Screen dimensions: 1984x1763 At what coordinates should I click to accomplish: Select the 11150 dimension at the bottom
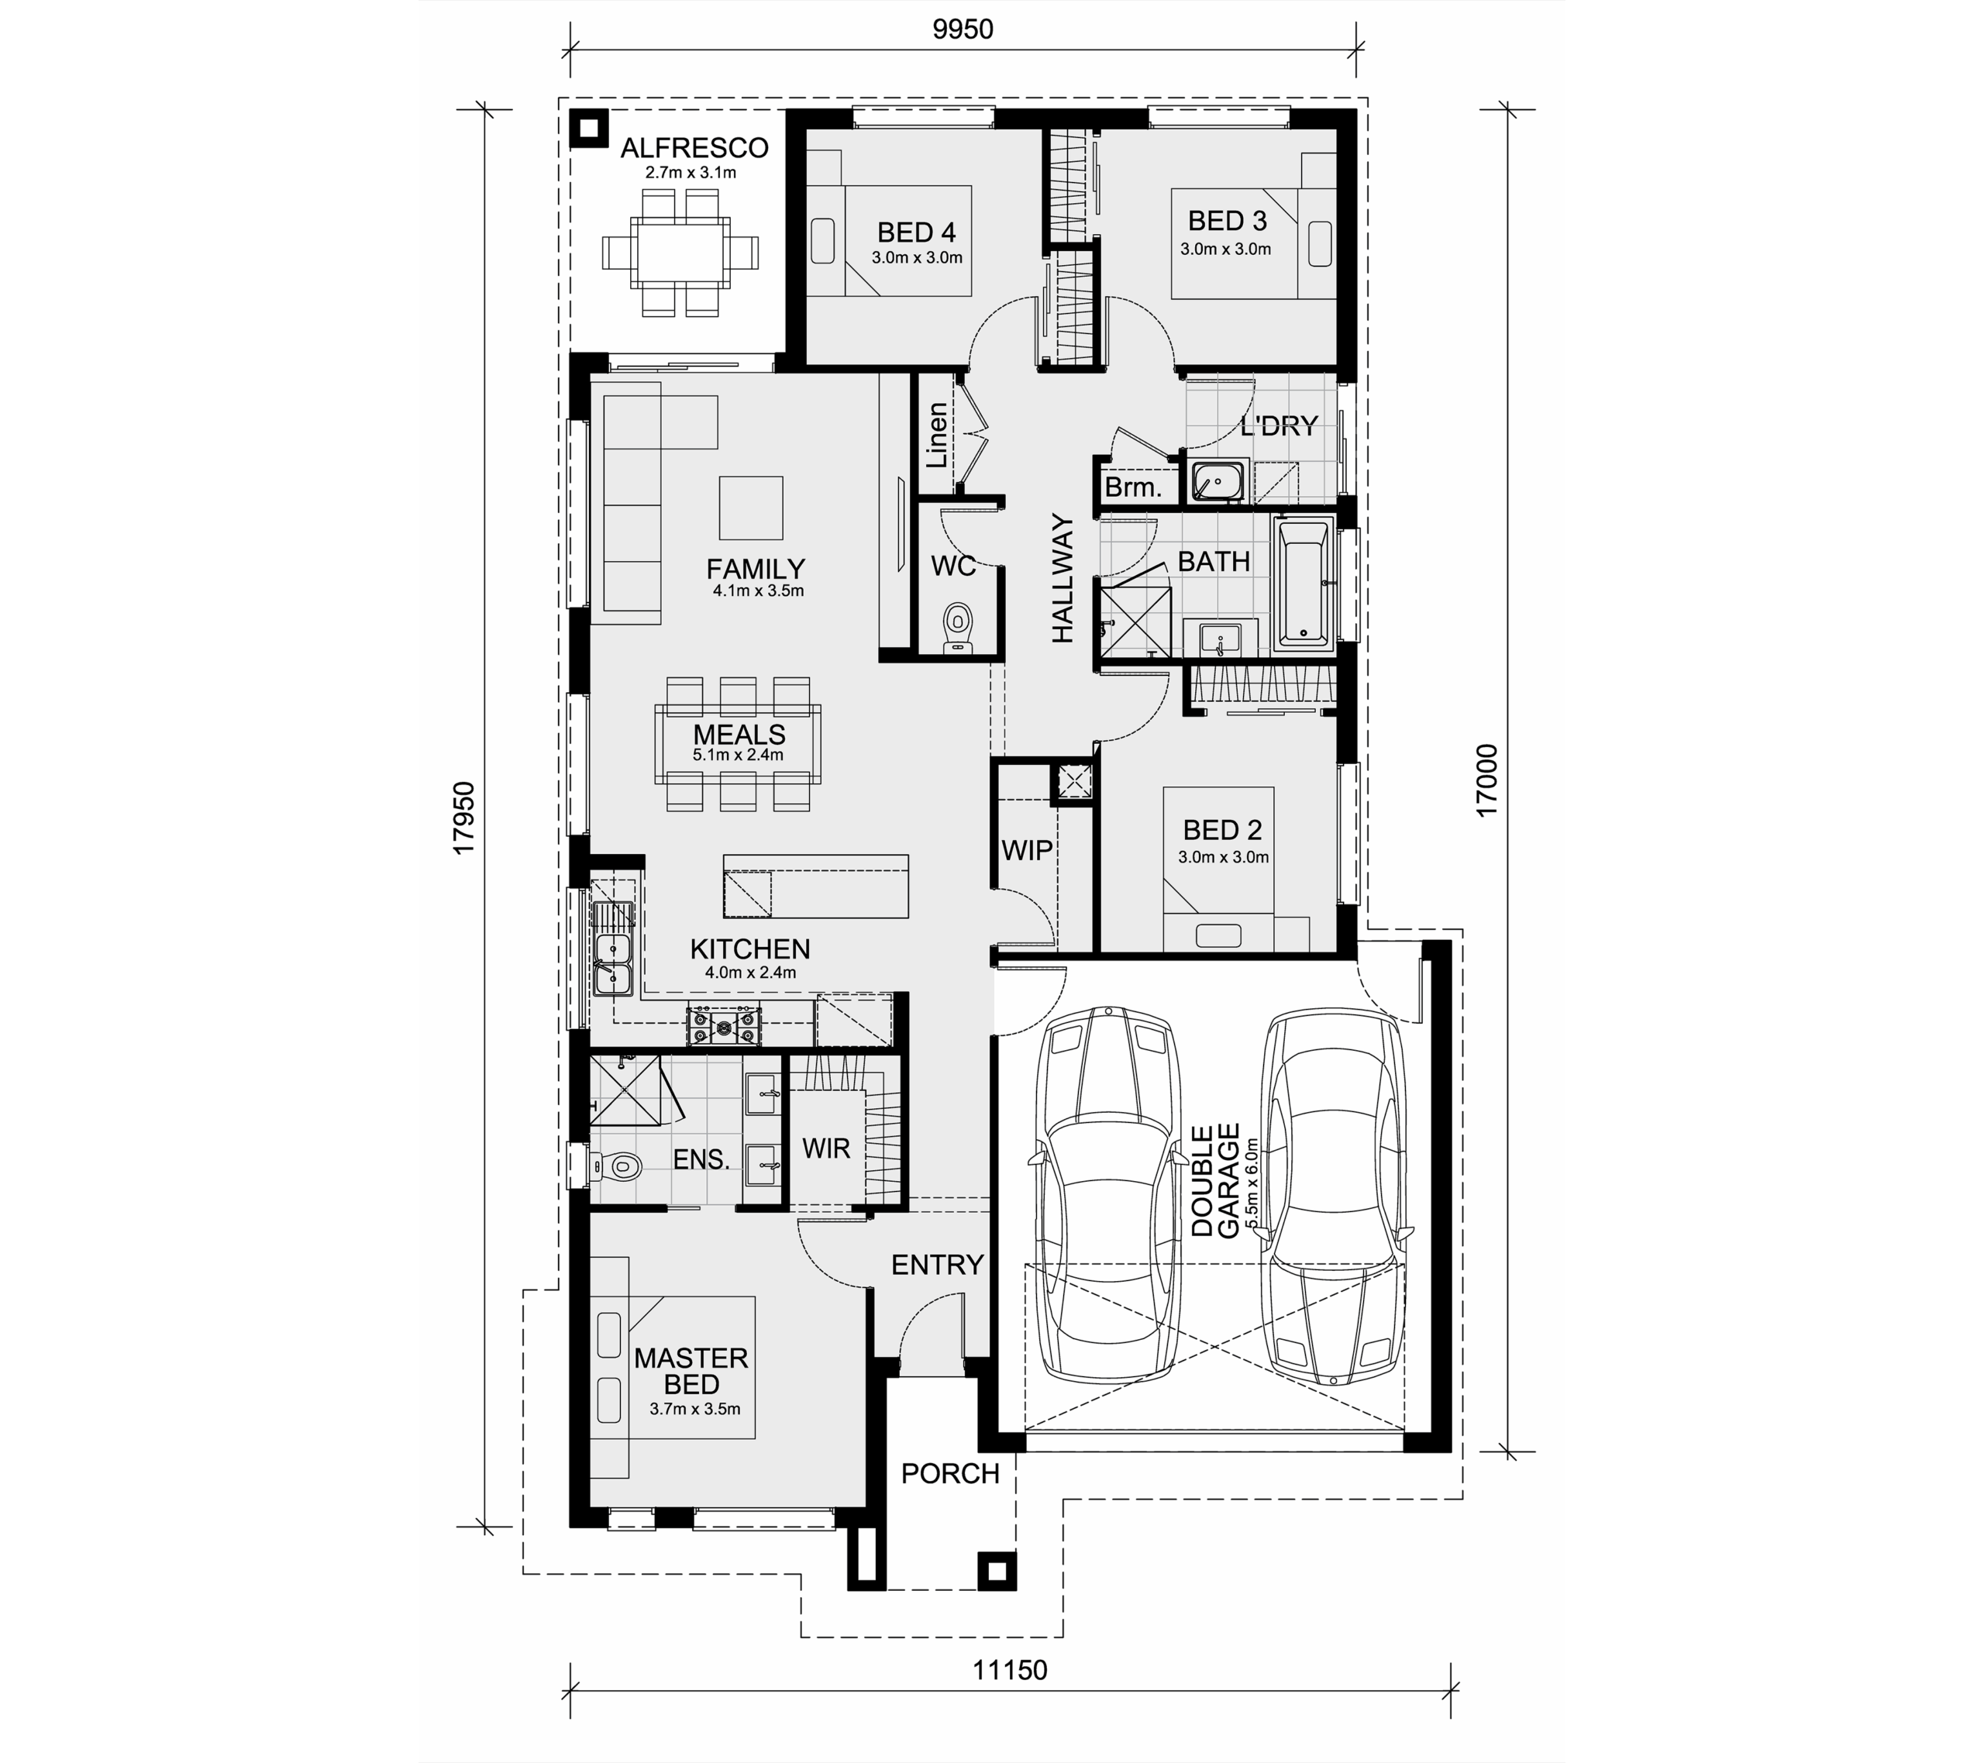coord(1011,1670)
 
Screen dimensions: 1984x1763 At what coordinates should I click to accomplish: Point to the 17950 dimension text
coord(465,818)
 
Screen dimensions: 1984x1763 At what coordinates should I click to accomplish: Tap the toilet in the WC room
coord(958,627)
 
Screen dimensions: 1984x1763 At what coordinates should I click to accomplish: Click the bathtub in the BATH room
coord(1303,584)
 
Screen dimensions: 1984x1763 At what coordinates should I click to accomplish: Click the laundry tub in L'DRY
coord(1218,480)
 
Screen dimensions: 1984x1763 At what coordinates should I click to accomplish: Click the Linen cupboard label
coord(937,435)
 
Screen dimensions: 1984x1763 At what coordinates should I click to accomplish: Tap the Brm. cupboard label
coord(1133,487)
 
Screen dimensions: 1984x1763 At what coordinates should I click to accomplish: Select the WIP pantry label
coord(1027,850)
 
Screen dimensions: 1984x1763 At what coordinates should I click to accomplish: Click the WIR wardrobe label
coord(826,1148)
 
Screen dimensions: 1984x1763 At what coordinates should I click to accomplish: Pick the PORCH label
coord(950,1474)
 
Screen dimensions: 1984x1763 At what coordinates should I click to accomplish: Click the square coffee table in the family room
coord(750,507)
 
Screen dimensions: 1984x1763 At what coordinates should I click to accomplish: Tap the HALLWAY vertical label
coord(1064,579)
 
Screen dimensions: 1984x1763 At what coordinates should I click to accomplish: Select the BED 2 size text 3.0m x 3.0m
coord(1223,857)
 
